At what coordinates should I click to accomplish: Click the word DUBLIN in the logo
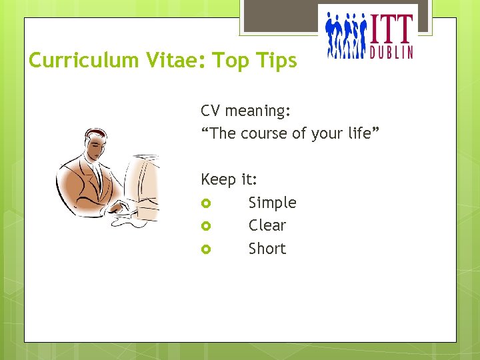391,51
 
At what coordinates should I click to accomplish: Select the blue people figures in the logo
346,37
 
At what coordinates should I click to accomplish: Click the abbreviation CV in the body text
211,110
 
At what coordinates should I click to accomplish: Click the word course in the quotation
264,133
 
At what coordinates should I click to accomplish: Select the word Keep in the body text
218,180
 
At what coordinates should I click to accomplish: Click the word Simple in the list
272,203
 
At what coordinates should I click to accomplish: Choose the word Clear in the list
267,225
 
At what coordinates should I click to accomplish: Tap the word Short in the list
267,249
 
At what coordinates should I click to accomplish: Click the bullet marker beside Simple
206,203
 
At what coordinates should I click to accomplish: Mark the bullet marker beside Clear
206,226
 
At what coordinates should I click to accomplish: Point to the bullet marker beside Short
206,249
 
